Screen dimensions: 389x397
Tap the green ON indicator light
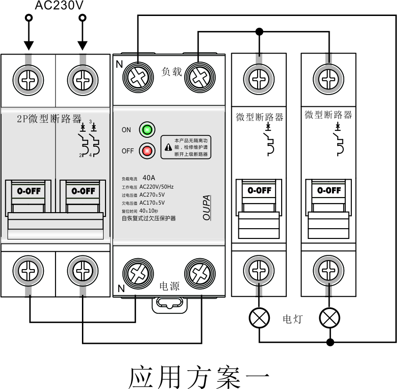pyautogui.click(x=147, y=130)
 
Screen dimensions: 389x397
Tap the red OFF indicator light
pyautogui.click(x=147, y=151)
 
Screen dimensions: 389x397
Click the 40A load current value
pyautogui.click(x=149, y=178)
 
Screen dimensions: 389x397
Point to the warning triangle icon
pyautogui.click(x=168, y=147)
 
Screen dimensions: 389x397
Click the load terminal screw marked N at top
pyautogui.click(x=138, y=76)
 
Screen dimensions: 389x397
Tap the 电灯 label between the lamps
pyautogui.click(x=292, y=319)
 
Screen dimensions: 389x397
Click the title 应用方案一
pyautogui.click(x=199, y=376)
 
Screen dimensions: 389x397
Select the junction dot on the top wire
pyautogui.click(x=259, y=32)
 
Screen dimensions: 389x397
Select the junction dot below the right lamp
pyautogui.click(x=330, y=341)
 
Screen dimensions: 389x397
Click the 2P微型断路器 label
pyautogui.click(x=49, y=119)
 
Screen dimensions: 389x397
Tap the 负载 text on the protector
pyautogui.click(x=171, y=72)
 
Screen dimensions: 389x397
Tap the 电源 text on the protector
pyautogui.click(x=170, y=286)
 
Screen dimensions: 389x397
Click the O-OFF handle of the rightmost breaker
pyautogui.click(x=328, y=191)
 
